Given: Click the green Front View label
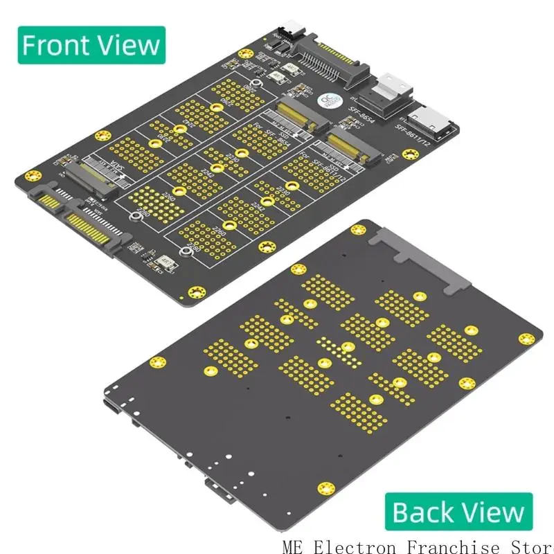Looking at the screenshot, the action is tap(90, 45).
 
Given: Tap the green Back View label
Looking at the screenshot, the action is tap(458, 512).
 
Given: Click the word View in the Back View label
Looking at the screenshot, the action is tap(497, 512).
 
